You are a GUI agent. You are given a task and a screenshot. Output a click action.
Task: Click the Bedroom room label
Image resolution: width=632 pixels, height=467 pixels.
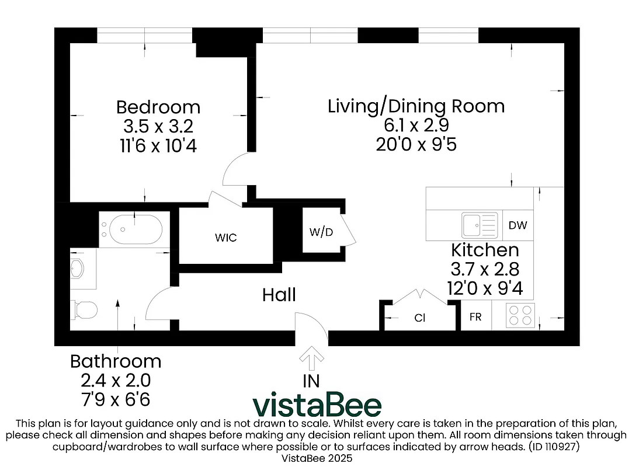pos(158,107)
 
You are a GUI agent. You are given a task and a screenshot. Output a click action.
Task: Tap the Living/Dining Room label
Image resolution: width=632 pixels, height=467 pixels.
pos(416,106)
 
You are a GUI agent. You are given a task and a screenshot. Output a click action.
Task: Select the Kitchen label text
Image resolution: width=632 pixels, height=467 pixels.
pos(485,250)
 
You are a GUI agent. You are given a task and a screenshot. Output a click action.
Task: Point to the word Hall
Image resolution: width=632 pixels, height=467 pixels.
pos(279,295)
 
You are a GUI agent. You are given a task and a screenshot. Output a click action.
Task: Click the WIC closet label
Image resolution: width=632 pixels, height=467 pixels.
pos(225,238)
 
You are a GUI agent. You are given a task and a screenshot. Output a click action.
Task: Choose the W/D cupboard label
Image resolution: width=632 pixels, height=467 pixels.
pos(321,232)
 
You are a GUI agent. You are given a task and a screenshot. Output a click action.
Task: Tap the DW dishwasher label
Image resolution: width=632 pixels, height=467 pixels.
pos(518,225)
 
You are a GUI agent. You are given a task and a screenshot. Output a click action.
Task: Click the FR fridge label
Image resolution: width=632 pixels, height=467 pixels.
pos(475,317)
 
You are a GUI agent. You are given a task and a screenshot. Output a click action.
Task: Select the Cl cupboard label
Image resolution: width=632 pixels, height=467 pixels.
pos(419,319)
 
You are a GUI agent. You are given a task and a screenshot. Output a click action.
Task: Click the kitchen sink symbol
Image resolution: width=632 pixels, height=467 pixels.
pos(479,225)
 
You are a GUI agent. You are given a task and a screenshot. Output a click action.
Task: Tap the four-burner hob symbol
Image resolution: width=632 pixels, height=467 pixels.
pos(520,316)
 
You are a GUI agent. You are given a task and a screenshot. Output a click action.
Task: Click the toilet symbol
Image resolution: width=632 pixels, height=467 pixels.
pos(84,310)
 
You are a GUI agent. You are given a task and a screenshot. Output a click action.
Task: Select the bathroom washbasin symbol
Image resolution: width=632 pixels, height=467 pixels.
pos(77,269)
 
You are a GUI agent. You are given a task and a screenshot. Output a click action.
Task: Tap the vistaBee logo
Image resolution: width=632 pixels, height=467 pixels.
pos(317,405)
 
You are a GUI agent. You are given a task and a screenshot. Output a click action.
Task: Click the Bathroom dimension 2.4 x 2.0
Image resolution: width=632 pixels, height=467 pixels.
pos(116,381)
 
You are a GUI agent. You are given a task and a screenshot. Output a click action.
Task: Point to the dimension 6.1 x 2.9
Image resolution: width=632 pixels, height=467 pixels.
pos(416,125)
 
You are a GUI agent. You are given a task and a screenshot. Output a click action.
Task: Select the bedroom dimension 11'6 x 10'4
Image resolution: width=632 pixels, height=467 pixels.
pos(158,145)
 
